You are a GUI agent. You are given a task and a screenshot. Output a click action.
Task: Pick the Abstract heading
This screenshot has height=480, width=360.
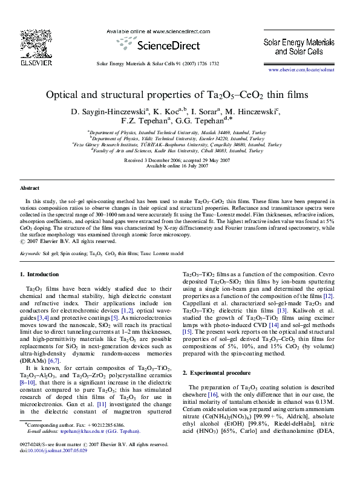(x=30, y=189)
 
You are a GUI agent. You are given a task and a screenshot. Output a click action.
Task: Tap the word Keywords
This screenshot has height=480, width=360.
(x=30, y=255)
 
